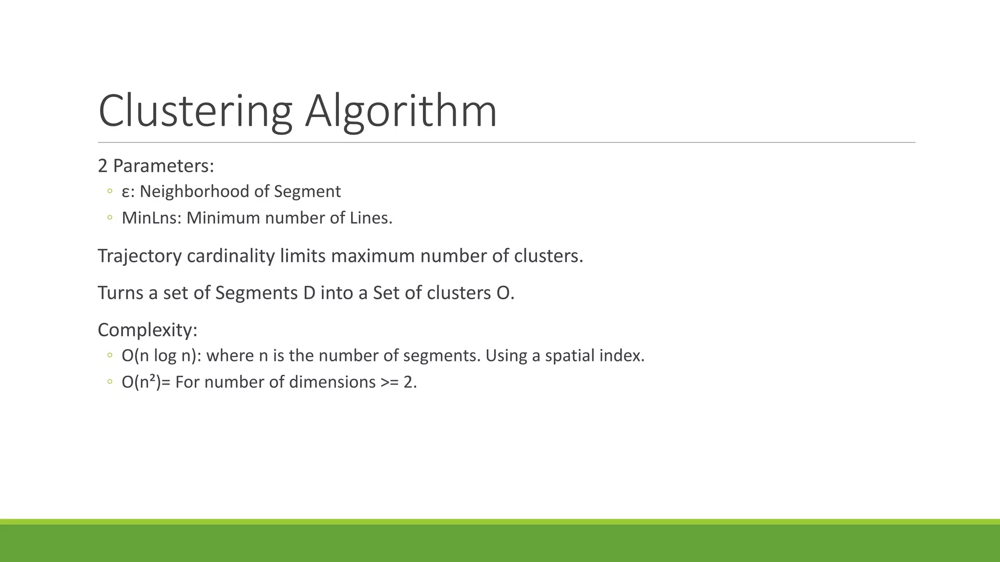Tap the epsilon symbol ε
tap(125, 192)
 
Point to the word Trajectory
tap(140, 256)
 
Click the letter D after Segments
tap(309, 293)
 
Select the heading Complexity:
tap(147, 330)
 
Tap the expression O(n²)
tap(141, 381)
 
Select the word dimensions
tap(332, 381)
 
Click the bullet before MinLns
tap(110, 218)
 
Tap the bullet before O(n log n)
tap(110, 355)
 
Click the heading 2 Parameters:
tap(156, 166)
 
